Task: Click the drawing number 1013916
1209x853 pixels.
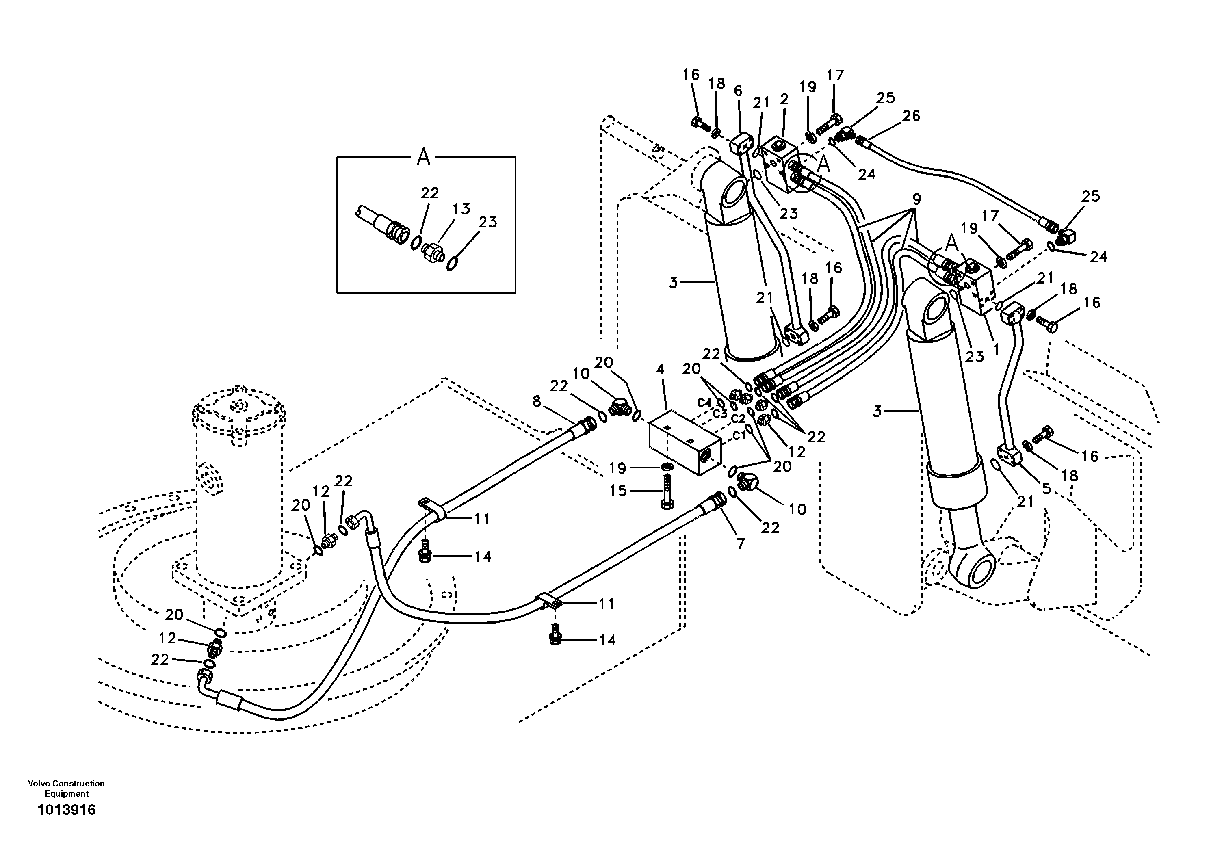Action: pyautogui.click(x=66, y=810)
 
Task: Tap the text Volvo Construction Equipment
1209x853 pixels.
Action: pyautogui.click(x=66, y=789)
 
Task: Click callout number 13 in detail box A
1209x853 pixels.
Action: pyautogui.click(x=461, y=209)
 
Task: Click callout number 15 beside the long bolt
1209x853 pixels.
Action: pyautogui.click(x=618, y=491)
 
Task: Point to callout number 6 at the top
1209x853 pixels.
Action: pyautogui.click(x=738, y=91)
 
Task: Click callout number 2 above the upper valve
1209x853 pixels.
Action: pyautogui.click(x=784, y=99)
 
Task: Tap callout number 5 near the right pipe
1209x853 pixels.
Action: pyautogui.click(x=1046, y=489)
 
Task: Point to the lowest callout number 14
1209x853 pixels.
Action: pyautogui.click(x=607, y=640)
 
